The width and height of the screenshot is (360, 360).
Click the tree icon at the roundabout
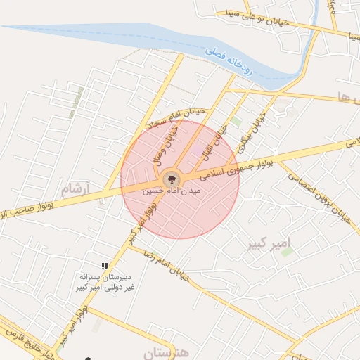point(171,179)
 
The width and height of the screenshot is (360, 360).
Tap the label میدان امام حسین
point(172,191)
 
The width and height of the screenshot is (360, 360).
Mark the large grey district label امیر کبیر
point(269,244)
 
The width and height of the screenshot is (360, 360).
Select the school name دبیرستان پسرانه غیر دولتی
point(106,282)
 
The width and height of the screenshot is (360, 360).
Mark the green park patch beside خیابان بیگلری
point(236,122)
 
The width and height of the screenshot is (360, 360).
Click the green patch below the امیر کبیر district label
point(287,251)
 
